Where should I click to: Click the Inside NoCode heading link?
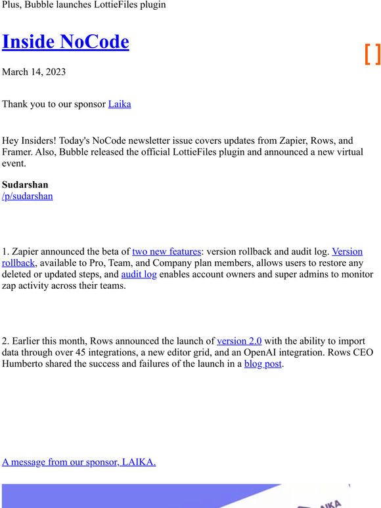click(66, 41)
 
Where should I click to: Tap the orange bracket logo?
click(372, 54)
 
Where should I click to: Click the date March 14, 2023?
click(34, 72)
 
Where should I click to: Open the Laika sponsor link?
click(120, 104)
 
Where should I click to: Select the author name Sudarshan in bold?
click(25, 184)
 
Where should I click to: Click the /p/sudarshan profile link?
click(28, 196)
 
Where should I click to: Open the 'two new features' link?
click(166, 251)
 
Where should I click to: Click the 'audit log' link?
click(139, 274)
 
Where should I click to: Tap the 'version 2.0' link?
click(239, 341)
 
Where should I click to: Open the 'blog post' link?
click(263, 364)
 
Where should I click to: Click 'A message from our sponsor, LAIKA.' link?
click(79, 462)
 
